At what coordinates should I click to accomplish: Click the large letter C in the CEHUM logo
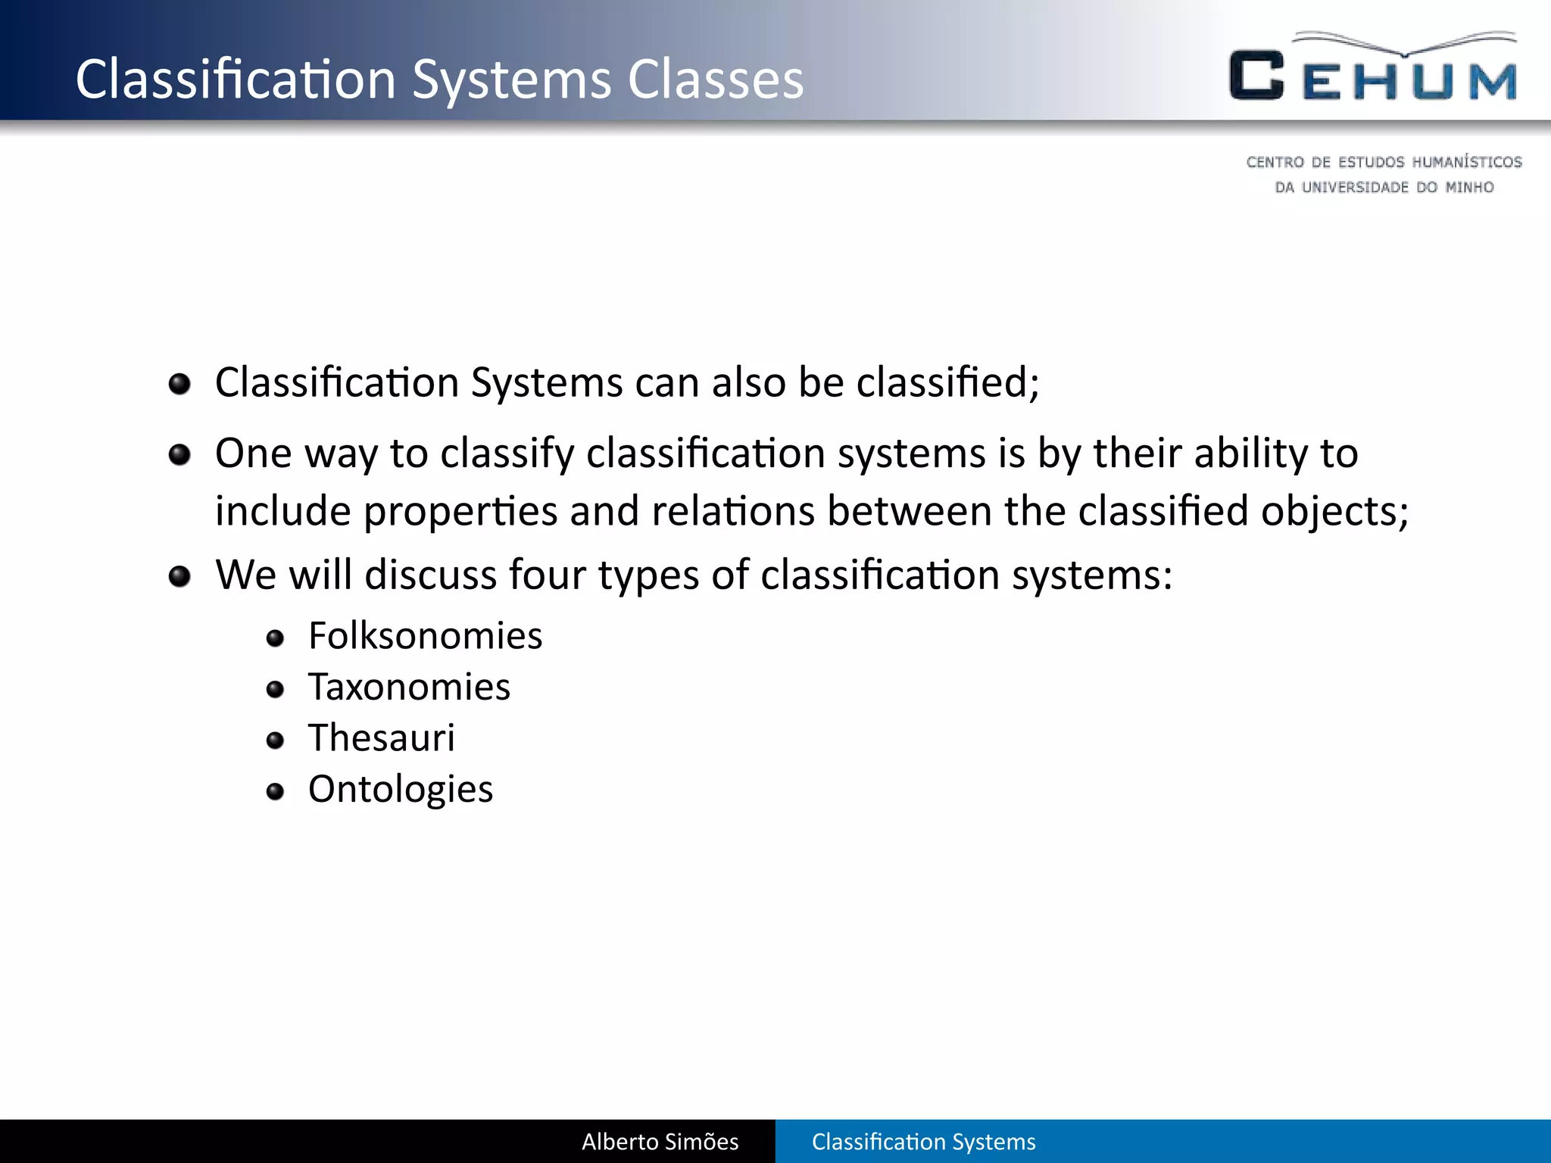(x=1256, y=76)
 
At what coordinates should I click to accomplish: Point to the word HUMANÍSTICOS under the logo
(x=1466, y=162)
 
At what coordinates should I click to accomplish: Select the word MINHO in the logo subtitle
(x=1469, y=187)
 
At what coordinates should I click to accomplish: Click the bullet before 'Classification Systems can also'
(x=179, y=384)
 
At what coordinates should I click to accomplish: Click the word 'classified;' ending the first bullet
(x=947, y=382)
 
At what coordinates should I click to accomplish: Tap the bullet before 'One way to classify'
(x=179, y=455)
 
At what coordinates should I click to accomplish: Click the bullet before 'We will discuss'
(x=179, y=577)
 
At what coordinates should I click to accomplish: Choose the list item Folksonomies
(x=425, y=635)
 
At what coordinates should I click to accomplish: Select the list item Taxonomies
(x=409, y=687)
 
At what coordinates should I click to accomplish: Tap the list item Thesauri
(x=381, y=737)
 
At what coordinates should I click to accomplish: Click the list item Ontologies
(x=400, y=789)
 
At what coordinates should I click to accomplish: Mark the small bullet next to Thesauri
(x=276, y=741)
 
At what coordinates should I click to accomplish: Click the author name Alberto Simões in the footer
(x=660, y=1142)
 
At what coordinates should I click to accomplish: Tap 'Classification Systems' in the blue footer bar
(x=923, y=1142)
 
